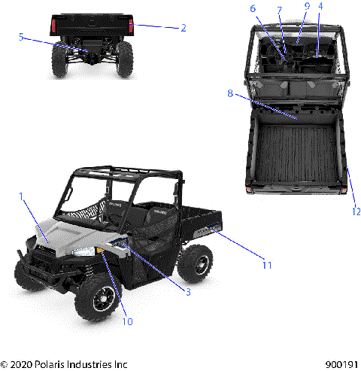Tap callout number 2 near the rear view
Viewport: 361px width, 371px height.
coord(183,28)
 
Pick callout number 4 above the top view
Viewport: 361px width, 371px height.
coord(320,6)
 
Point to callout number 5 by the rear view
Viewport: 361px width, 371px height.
coord(21,35)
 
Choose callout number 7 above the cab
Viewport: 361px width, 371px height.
coord(280,11)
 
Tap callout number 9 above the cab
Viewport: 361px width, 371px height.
coord(307,6)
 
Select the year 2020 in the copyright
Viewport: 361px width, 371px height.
coord(23,363)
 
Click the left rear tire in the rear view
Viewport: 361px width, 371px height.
coord(59,59)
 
